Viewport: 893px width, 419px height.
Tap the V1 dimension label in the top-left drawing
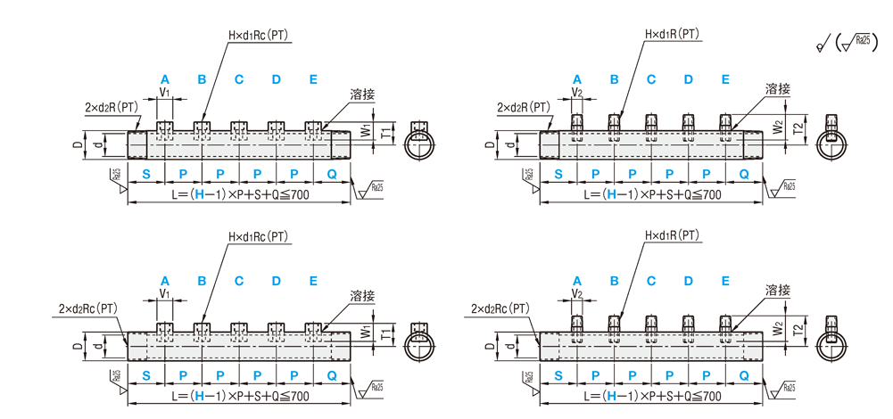[165, 92]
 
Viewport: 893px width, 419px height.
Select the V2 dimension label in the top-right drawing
[577, 92]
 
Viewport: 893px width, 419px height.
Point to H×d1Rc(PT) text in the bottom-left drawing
[260, 236]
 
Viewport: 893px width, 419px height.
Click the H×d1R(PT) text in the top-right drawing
[673, 35]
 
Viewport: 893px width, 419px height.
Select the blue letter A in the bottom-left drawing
[165, 280]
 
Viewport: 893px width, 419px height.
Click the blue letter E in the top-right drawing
[725, 79]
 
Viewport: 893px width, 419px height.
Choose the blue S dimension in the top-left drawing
[147, 172]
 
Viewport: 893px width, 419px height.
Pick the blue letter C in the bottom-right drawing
[651, 280]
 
